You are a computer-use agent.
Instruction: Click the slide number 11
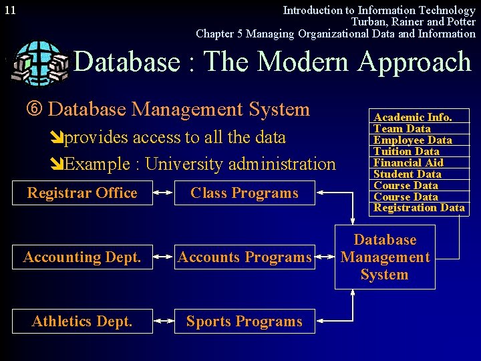pos(9,11)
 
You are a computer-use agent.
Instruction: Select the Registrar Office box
pos(82,193)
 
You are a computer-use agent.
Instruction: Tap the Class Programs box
pos(244,193)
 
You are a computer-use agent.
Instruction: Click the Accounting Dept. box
pos(82,257)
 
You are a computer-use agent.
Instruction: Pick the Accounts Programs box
pos(244,257)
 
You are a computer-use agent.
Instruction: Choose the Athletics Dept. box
pos(82,322)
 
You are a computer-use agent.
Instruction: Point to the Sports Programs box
pos(244,322)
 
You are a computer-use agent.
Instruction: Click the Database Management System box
pos(385,257)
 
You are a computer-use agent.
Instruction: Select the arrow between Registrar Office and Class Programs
pos(162,193)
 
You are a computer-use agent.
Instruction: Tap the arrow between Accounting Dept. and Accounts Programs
pos(162,257)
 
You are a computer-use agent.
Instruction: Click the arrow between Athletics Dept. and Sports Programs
pos(162,322)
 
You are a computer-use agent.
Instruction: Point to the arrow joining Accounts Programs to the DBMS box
pos(325,257)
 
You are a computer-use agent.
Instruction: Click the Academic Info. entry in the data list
pos(412,117)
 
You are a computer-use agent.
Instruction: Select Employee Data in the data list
pos(412,140)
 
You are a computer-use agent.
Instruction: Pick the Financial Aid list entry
pos(408,162)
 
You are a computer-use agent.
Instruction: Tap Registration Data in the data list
pos(419,208)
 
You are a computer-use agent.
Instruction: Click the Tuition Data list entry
pos(406,151)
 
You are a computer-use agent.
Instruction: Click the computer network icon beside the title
pos(40,62)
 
